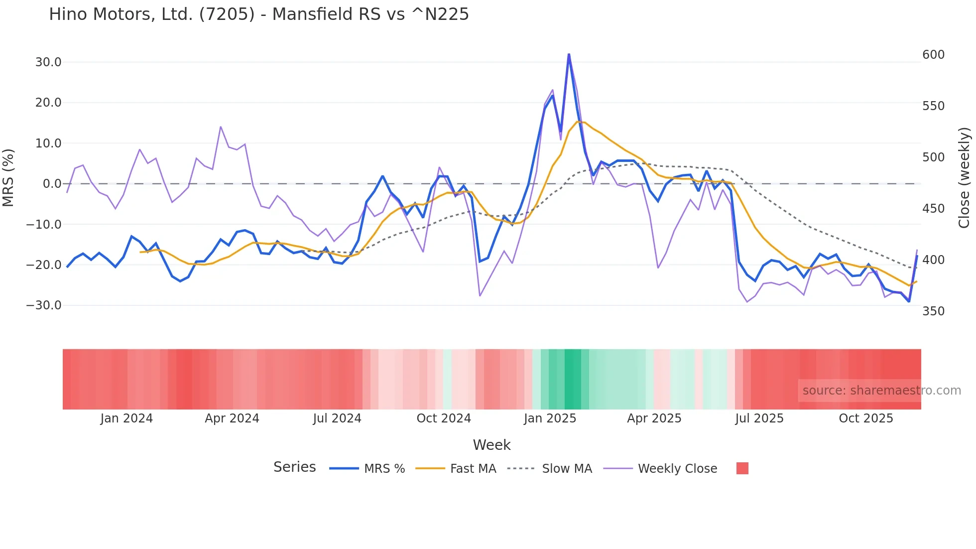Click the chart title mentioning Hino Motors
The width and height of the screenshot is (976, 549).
pos(258,14)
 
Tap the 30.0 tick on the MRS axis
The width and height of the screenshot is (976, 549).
pos(48,62)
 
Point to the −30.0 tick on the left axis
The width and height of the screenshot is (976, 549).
pos(44,305)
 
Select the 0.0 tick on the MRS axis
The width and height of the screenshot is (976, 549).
pos(52,184)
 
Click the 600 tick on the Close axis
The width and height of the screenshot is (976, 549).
pos(933,55)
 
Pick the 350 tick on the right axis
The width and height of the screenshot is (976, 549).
pos(933,311)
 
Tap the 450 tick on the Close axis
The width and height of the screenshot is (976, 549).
pos(933,209)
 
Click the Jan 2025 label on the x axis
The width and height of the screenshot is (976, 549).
pos(550,418)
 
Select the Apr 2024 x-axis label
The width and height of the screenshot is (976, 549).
pos(232,418)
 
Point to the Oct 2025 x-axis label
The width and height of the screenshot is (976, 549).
pos(866,418)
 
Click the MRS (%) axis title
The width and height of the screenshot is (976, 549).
pos(8,177)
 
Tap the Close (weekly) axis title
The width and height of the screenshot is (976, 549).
pos(965,178)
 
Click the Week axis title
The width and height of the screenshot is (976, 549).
pos(491,445)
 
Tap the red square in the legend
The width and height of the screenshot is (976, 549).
pos(742,468)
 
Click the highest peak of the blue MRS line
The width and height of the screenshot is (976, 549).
pos(569,54)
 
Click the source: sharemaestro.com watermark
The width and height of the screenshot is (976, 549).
pos(881,391)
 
